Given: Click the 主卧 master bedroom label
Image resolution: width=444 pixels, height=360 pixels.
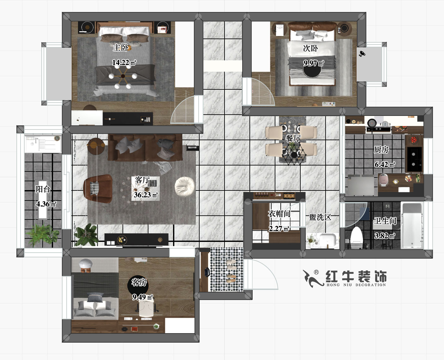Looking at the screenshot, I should (121, 48).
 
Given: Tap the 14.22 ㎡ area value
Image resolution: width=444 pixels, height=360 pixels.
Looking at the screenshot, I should (124, 63).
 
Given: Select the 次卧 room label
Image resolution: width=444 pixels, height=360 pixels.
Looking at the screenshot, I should (310, 48).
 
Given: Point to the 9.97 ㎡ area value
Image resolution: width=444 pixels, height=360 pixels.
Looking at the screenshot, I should (313, 63).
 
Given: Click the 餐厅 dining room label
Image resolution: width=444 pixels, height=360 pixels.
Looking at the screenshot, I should (293, 138).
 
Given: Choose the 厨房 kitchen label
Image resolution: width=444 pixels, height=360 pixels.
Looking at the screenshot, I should (381, 150).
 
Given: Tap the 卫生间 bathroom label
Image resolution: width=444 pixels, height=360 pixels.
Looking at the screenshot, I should (385, 221).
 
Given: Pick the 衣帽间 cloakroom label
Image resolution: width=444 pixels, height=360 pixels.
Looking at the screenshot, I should (279, 214).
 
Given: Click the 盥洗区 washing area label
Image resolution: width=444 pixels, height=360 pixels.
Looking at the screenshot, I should (320, 217).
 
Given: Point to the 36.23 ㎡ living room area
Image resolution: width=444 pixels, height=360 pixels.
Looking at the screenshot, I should (145, 195).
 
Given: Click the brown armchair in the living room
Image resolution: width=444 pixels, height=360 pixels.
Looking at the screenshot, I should (98, 189).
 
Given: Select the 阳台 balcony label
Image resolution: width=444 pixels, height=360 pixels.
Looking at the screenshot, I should (43, 189).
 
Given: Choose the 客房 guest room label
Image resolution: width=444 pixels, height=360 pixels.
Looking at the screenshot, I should (139, 282).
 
